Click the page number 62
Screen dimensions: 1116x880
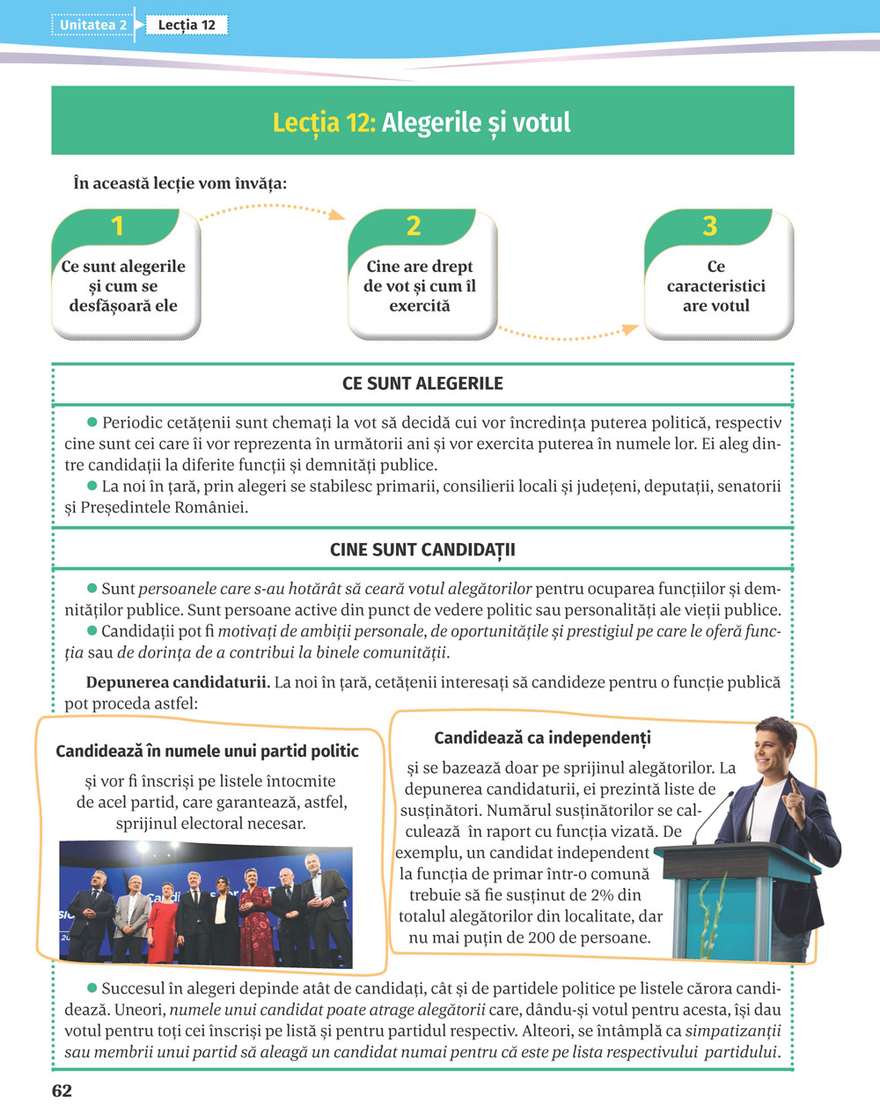pos(62,1091)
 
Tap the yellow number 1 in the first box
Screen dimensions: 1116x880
pos(117,226)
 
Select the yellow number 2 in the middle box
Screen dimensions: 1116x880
pos(414,226)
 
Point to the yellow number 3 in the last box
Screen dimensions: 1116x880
pos(710,226)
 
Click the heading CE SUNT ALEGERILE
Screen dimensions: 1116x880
pos(422,384)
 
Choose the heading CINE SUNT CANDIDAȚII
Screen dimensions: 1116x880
pos(422,550)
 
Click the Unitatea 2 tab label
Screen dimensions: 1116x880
pos(93,25)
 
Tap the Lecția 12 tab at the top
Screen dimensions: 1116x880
pos(187,25)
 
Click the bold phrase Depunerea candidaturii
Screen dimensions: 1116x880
pos(177,682)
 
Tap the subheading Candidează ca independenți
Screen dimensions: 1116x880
pos(542,738)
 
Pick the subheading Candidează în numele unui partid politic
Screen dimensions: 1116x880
pos(207,751)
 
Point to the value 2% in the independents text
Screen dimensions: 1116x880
pos(602,895)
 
